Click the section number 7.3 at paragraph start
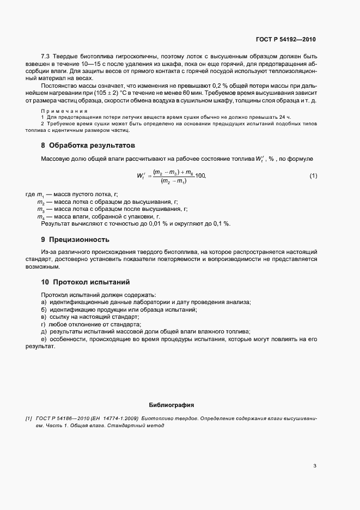[46, 57]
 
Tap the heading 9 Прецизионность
[75, 239]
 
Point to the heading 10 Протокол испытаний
[85, 282]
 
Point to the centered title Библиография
[172, 405]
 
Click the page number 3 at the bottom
[315, 465]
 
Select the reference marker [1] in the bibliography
[29, 418]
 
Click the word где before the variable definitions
[30, 195]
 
